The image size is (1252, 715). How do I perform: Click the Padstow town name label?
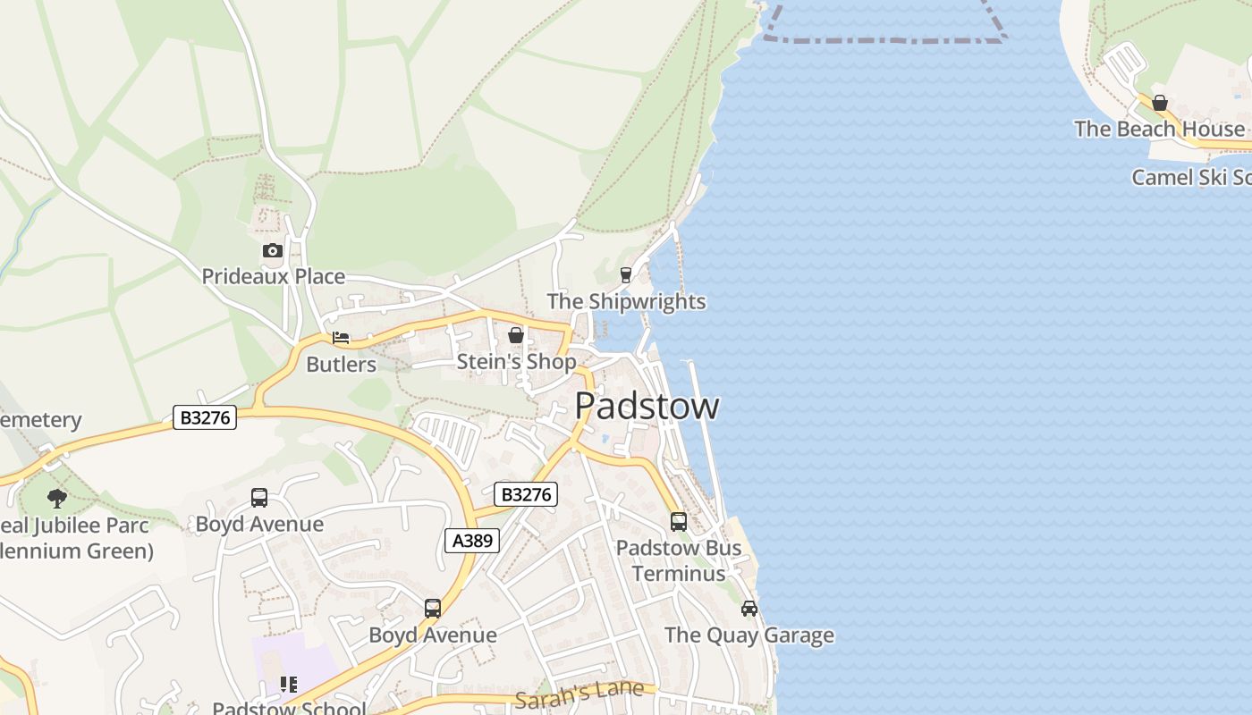pos(647,406)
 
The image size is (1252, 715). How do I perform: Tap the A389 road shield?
pos(471,541)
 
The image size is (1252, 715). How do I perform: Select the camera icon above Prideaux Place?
pos(273,251)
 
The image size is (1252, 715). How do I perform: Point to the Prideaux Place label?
pos(273,276)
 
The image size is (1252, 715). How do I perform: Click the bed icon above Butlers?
pos(341,338)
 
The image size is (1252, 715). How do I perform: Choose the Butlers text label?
pos(341,364)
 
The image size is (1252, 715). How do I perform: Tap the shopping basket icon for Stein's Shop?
pos(516,335)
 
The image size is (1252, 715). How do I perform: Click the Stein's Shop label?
pos(516,361)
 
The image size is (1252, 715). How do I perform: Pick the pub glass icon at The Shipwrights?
pos(626,275)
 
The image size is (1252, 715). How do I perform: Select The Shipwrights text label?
pos(626,301)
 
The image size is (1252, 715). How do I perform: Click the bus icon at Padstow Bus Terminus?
pos(679,521)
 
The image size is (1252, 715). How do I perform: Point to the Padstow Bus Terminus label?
pos(679,559)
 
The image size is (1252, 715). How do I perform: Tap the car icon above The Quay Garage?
pos(749,609)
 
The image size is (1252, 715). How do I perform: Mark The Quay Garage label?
pos(749,635)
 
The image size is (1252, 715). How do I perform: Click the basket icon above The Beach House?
pos(1160,103)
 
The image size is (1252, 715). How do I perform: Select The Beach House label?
pos(1159,129)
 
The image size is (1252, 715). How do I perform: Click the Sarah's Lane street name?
pos(579,694)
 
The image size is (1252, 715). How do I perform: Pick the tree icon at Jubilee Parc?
pos(57,499)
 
